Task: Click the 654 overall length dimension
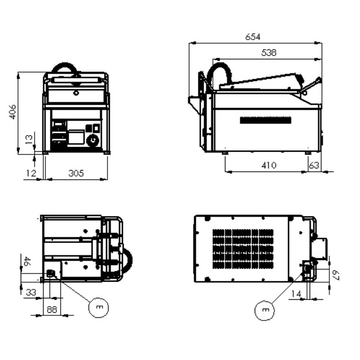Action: [x=253, y=37]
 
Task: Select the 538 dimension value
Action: [x=269, y=53]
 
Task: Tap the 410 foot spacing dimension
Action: [x=269, y=165]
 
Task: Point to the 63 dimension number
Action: [x=314, y=165]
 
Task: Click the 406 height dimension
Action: [x=13, y=112]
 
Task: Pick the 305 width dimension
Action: [x=76, y=173]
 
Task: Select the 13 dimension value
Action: [x=29, y=139]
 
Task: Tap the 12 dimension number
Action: [x=31, y=173]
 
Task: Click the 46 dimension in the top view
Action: [x=27, y=261]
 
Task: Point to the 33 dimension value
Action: [x=31, y=292]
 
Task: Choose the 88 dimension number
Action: [x=52, y=310]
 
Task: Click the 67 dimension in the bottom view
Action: [x=336, y=275]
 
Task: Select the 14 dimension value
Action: [x=296, y=294]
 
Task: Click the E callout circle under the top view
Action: [x=99, y=308]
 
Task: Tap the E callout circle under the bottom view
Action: [x=265, y=310]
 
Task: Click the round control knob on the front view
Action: [x=93, y=140]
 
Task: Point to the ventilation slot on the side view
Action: [x=265, y=120]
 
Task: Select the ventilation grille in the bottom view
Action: [x=243, y=249]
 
